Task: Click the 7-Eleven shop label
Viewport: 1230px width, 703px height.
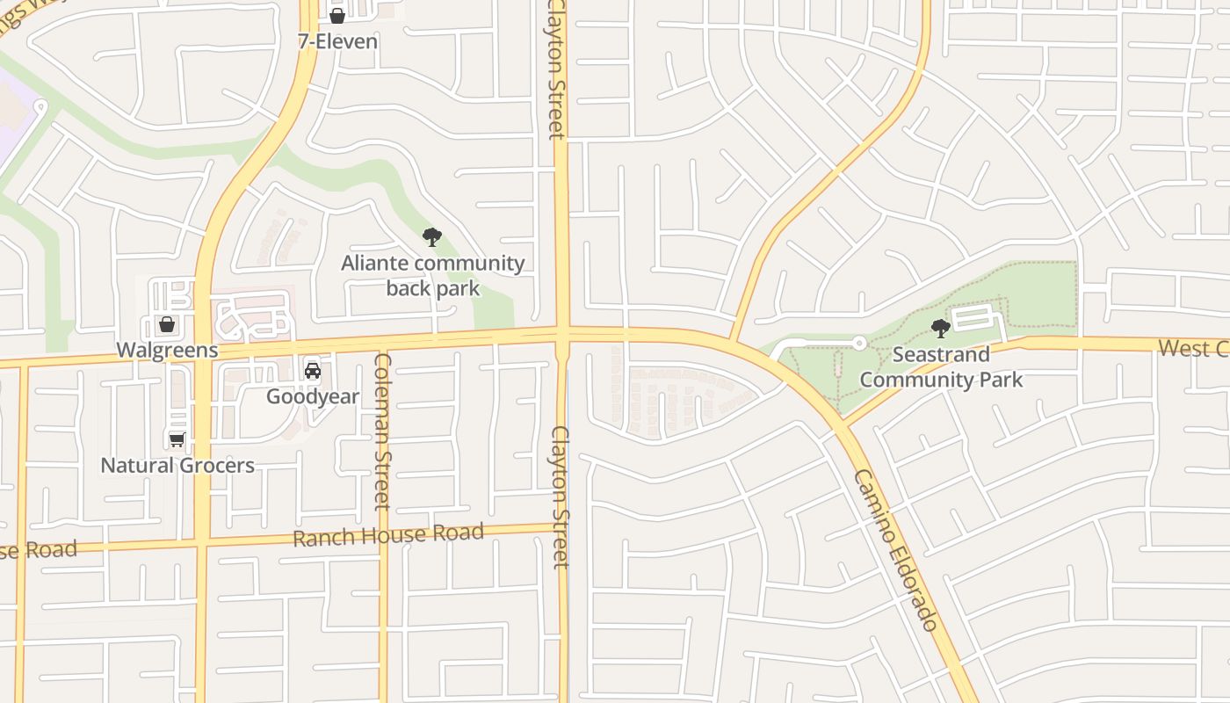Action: pos(337,41)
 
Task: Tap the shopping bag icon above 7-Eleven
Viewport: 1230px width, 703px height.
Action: pos(336,15)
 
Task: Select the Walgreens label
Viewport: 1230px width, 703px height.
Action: pos(167,350)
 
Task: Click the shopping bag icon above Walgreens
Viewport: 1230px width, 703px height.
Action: pos(167,324)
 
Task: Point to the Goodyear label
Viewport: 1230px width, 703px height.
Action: pos(313,396)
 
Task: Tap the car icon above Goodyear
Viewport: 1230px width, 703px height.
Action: pos(313,370)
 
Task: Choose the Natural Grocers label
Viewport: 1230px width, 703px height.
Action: pos(177,465)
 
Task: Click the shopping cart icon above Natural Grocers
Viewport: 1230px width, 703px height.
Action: pos(177,438)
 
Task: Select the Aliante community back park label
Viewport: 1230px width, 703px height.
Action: pos(432,275)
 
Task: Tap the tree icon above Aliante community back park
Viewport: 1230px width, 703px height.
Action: pos(431,236)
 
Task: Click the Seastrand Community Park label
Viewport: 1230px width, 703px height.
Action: pos(941,366)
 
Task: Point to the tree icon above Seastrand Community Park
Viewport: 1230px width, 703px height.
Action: pos(941,329)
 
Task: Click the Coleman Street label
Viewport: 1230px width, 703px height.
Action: pos(382,431)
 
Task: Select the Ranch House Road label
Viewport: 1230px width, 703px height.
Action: pos(387,534)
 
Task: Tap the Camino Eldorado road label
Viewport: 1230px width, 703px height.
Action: pos(896,549)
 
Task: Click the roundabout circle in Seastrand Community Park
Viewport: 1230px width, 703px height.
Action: pos(860,343)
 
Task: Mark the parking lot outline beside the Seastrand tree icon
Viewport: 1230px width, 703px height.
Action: pos(976,317)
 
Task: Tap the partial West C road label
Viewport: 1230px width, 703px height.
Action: pos(1192,348)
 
